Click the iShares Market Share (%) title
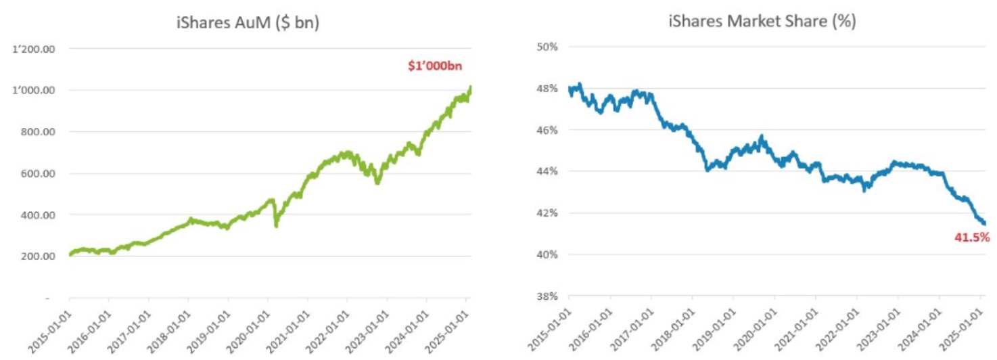tap(762, 22)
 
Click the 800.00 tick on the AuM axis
tap(39, 132)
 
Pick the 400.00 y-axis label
tap(39, 215)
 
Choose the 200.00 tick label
tap(39, 256)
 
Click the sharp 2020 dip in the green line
tap(275, 225)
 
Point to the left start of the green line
tap(70, 255)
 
